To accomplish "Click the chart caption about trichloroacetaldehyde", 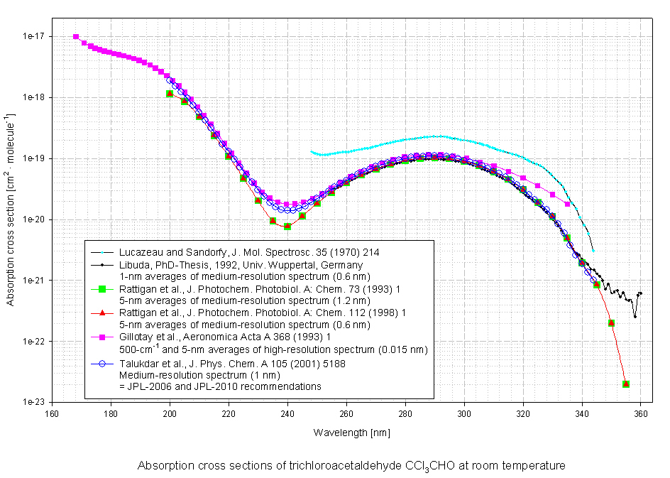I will pyautogui.click(x=351, y=467).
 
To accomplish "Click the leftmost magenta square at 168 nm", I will pyautogui.click(x=76, y=37).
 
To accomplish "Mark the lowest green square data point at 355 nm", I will pyautogui.click(x=626, y=384).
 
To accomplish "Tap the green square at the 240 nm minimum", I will pyautogui.click(x=287, y=226).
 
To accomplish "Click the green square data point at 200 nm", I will pyautogui.click(x=170, y=94).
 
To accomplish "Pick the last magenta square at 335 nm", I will pyautogui.click(x=567, y=204).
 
